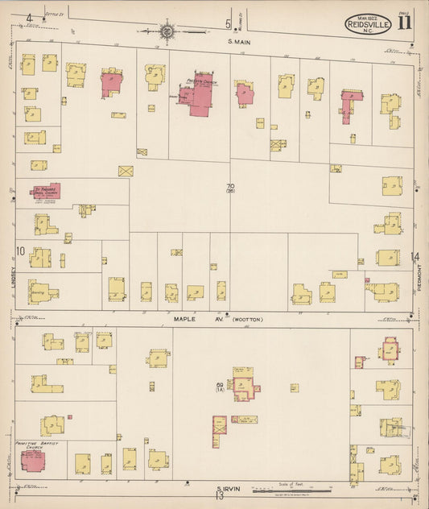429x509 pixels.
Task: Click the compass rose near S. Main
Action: click(x=167, y=31)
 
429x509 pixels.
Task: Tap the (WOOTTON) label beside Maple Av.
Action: click(x=246, y=320)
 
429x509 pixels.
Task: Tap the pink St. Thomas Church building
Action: click(x=46, y=192)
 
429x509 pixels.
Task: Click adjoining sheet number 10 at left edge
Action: click(x=20, y=251)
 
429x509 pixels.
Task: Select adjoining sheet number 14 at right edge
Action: click(x=415, y=257)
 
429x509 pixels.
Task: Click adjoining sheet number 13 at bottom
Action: click(x=218, y=496)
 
